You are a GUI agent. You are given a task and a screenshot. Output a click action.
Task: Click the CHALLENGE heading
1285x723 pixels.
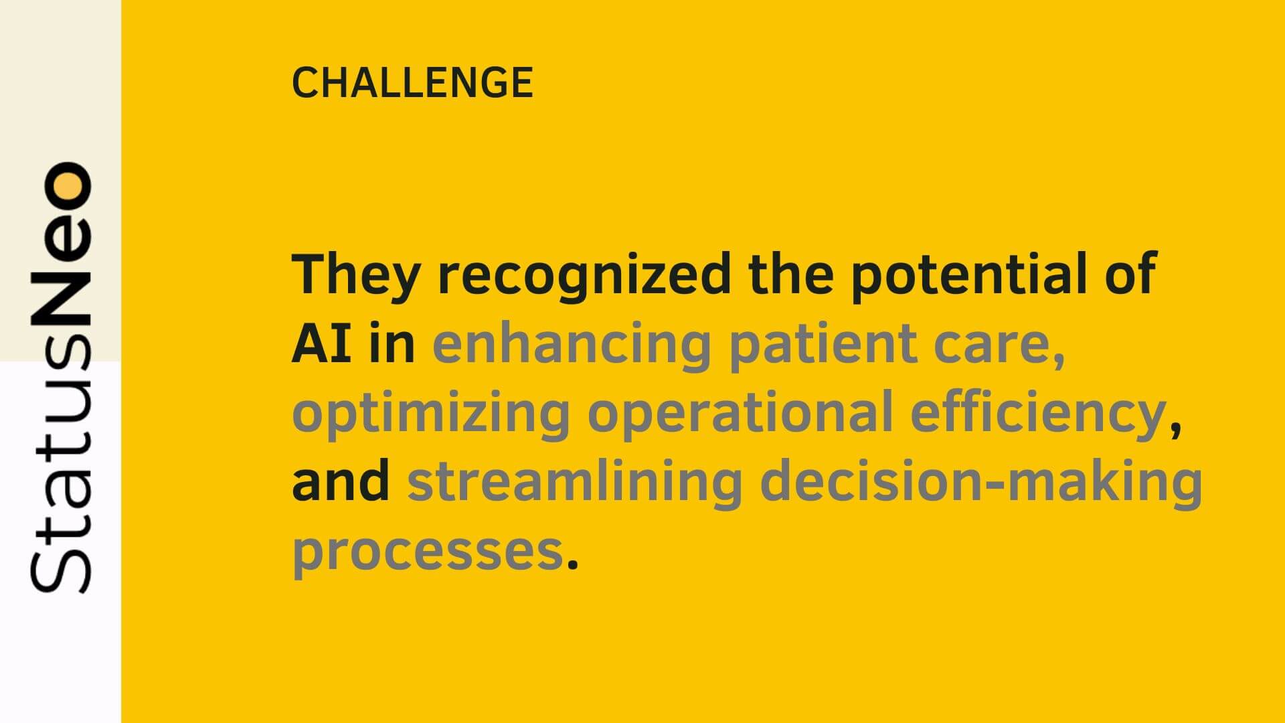tap(412, 83)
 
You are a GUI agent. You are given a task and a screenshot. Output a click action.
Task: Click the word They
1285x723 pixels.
tap(356, 275)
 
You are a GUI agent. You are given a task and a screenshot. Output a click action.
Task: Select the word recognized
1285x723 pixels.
tap(584, 275)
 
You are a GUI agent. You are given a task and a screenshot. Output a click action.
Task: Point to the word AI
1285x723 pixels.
tap(321, 344)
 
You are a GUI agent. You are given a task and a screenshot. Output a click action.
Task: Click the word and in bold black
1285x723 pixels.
tap(341, 481)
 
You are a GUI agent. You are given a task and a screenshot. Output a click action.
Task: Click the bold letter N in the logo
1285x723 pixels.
tap(61, 298)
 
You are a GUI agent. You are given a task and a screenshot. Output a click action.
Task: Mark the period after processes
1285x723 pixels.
tap(572, 564)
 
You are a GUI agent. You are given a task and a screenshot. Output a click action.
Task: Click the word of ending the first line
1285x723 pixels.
tap(1131, 275)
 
